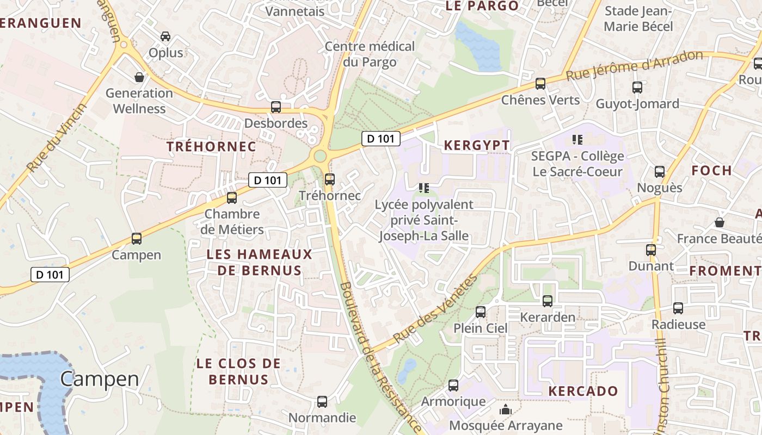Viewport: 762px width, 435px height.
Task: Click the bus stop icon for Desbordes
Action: tap(276, 107)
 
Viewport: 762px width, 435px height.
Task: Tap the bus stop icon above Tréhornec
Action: tap(329, 179)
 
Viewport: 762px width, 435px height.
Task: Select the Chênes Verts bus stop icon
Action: tap(540, 84)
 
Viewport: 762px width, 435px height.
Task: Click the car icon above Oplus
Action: tap(165, 36)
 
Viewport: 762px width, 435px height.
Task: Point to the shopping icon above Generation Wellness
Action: tap(139, 77)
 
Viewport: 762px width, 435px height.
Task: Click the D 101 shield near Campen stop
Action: tap(50, 275)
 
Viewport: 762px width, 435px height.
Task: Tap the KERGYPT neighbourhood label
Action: tap(477, 145)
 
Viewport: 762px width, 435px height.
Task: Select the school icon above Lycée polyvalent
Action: tap(424, 188)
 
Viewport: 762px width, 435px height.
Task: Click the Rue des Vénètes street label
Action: tap(435, 308)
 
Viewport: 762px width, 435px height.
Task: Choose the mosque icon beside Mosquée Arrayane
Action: tap(506, 409)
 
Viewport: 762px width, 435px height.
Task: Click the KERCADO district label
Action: tap(583, 391)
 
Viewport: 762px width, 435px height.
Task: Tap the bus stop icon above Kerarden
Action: tap(548, 301)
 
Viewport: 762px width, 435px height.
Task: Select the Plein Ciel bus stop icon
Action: tap(481, 312)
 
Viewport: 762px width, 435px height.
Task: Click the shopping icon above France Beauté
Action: tap(720, 222)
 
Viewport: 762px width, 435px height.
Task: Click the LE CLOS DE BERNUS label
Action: tap(238, 371)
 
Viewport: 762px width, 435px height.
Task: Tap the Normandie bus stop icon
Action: tap(322, 402)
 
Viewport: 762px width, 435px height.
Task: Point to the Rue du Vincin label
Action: tap(57, 138)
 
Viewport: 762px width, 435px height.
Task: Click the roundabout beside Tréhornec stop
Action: tap(320, 156)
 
